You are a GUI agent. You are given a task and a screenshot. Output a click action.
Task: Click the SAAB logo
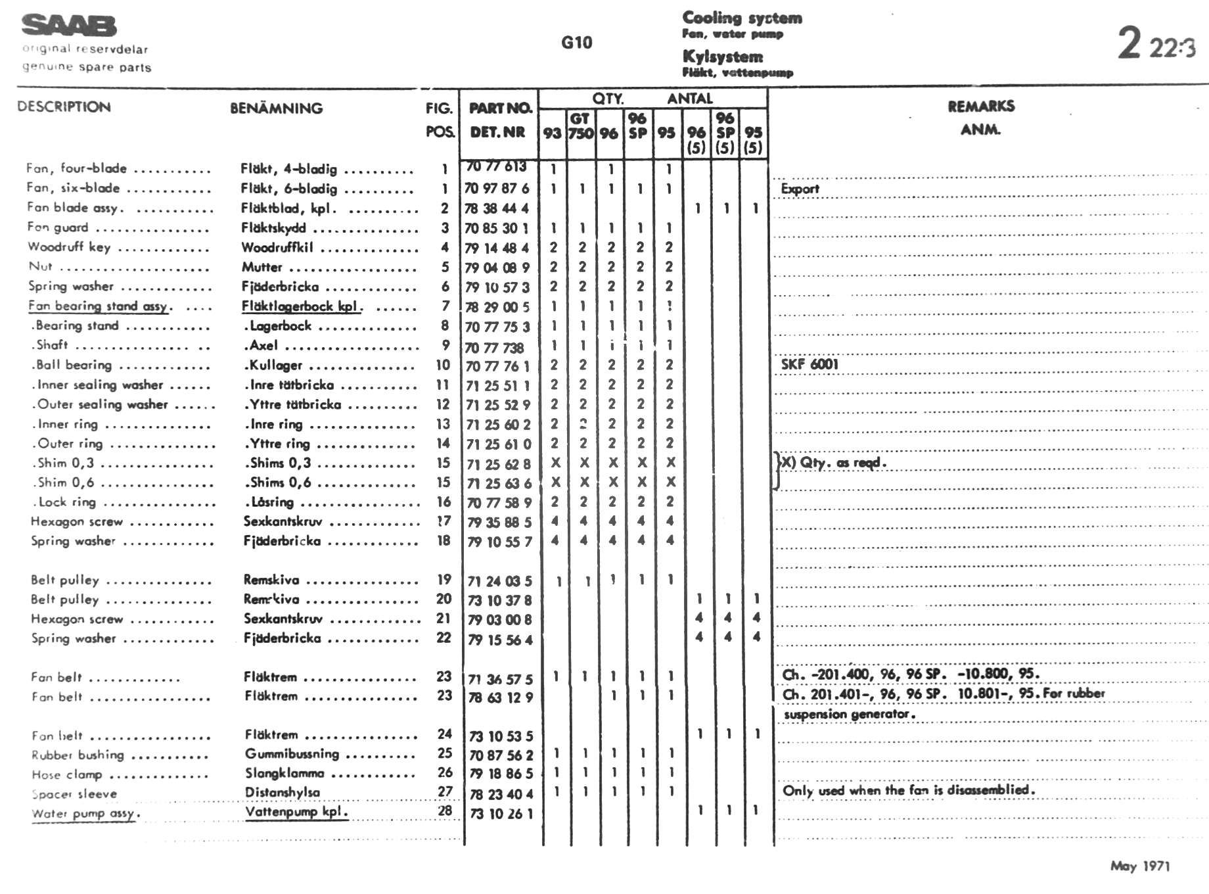pos(69,26)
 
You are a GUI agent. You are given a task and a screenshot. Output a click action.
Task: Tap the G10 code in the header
pos(576,43)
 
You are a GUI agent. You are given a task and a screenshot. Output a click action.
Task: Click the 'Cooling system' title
pos(742,18)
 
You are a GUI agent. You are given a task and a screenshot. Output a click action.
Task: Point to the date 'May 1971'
pos(1140,866)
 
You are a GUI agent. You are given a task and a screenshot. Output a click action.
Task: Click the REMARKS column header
pos(980,106)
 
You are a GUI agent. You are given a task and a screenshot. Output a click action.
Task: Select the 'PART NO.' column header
pos(500,108)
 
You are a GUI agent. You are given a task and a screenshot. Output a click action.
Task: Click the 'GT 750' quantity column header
pos(581,126)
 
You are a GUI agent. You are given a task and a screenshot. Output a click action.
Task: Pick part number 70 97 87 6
pos(497,189)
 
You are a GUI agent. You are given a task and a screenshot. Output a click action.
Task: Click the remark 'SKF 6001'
pos(810,364)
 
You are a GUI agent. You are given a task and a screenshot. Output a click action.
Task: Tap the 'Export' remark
pos(800,189)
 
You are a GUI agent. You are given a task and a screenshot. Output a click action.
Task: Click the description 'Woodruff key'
pos(69,247)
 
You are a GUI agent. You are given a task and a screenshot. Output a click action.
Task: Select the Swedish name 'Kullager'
pos(273,365)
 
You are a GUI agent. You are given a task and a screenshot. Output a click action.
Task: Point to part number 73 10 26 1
pos(501,814)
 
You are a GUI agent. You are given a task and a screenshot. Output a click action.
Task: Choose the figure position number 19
pos(444,580)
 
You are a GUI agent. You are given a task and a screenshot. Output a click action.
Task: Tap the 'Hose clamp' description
pos(66,774)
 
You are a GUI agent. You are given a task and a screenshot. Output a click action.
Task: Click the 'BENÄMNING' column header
pos(276,108)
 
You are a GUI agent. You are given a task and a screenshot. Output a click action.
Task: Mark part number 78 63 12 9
pos(500,697)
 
